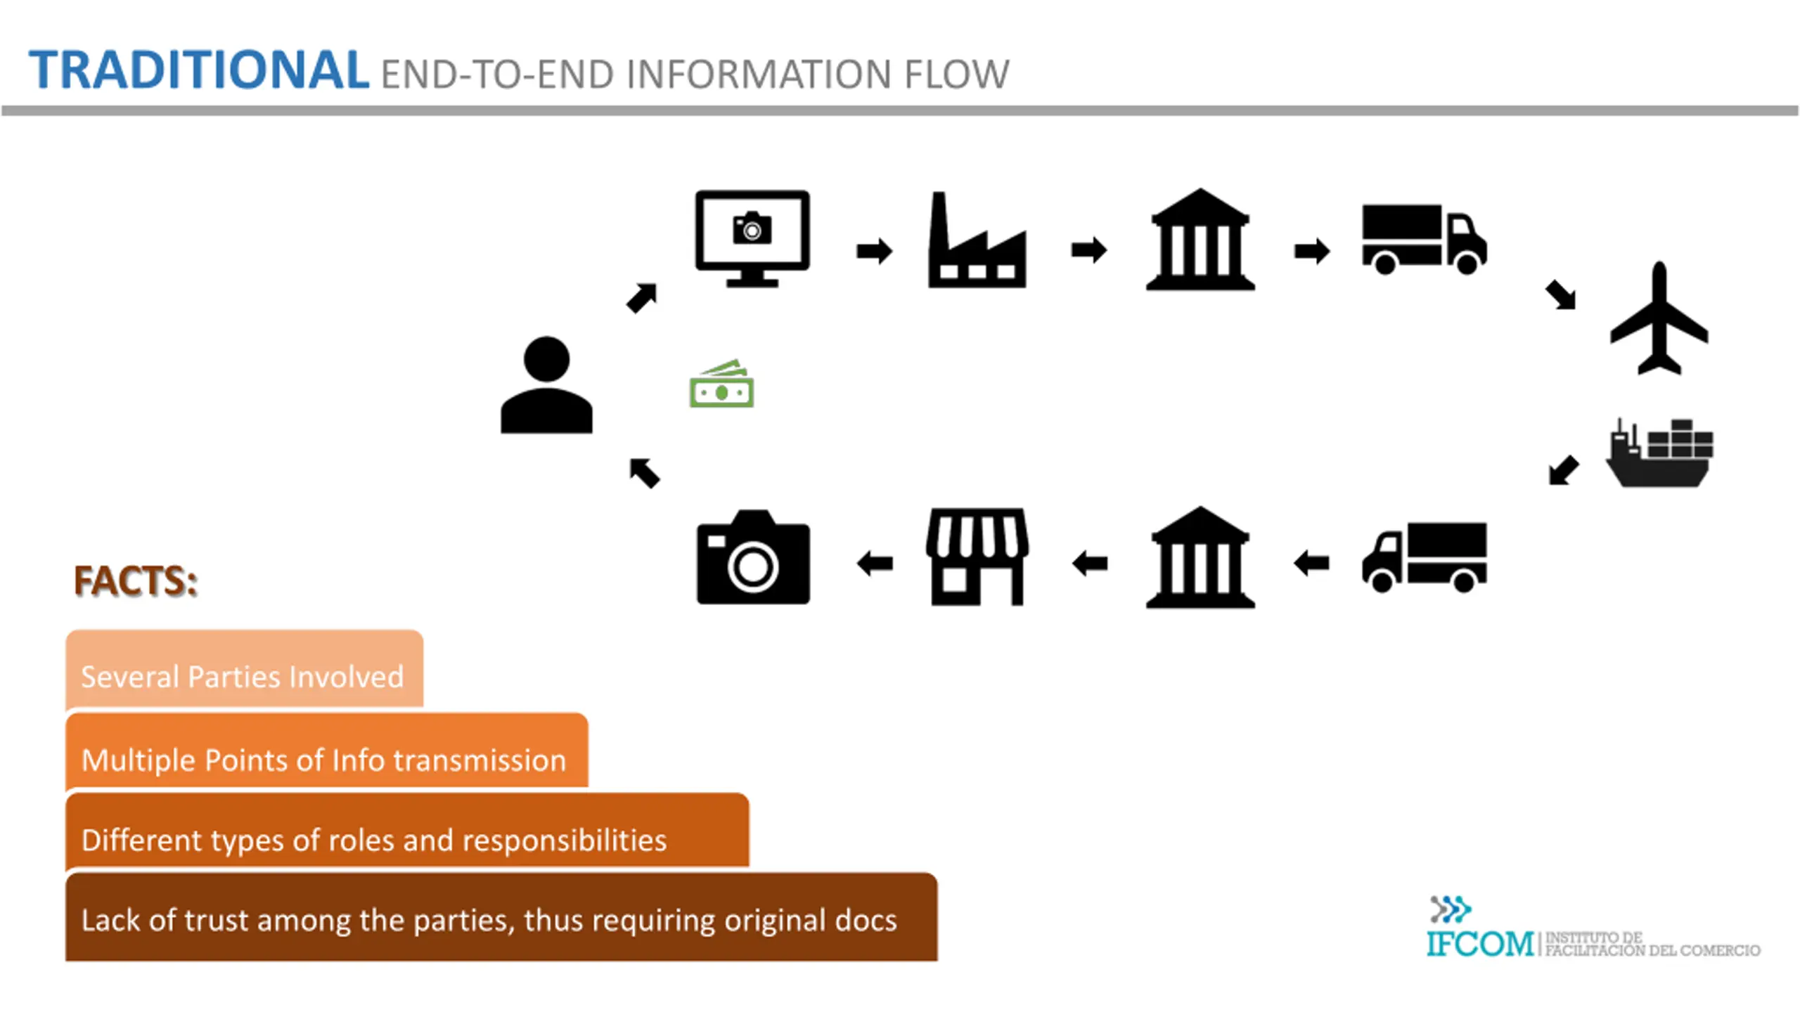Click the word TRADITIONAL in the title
click(x=199, y=70)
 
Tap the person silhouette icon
click(x=546, y=384)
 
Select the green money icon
click(x=721, y=383)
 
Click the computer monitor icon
click(x=752, y=238)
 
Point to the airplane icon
click(x=1659, y=318)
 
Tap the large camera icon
click(x=753, y=557)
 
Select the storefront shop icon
click(x=977, y=557)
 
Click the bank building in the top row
click(x=1200, y=239)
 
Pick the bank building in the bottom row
click(x=1200, y=557)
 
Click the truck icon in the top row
click(x=1425, y=239)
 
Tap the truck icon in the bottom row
click(x=1425, y=557)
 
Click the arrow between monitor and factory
click(x=875, y=250)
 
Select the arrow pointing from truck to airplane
click(x=1561, y=295)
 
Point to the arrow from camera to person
click(x=644, y=472)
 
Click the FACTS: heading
click(x=136, y=581)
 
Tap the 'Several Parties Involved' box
click(x=245, y=668)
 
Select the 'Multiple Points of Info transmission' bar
click(x=327, y=750)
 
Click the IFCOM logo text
click(x=1480, y=943)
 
